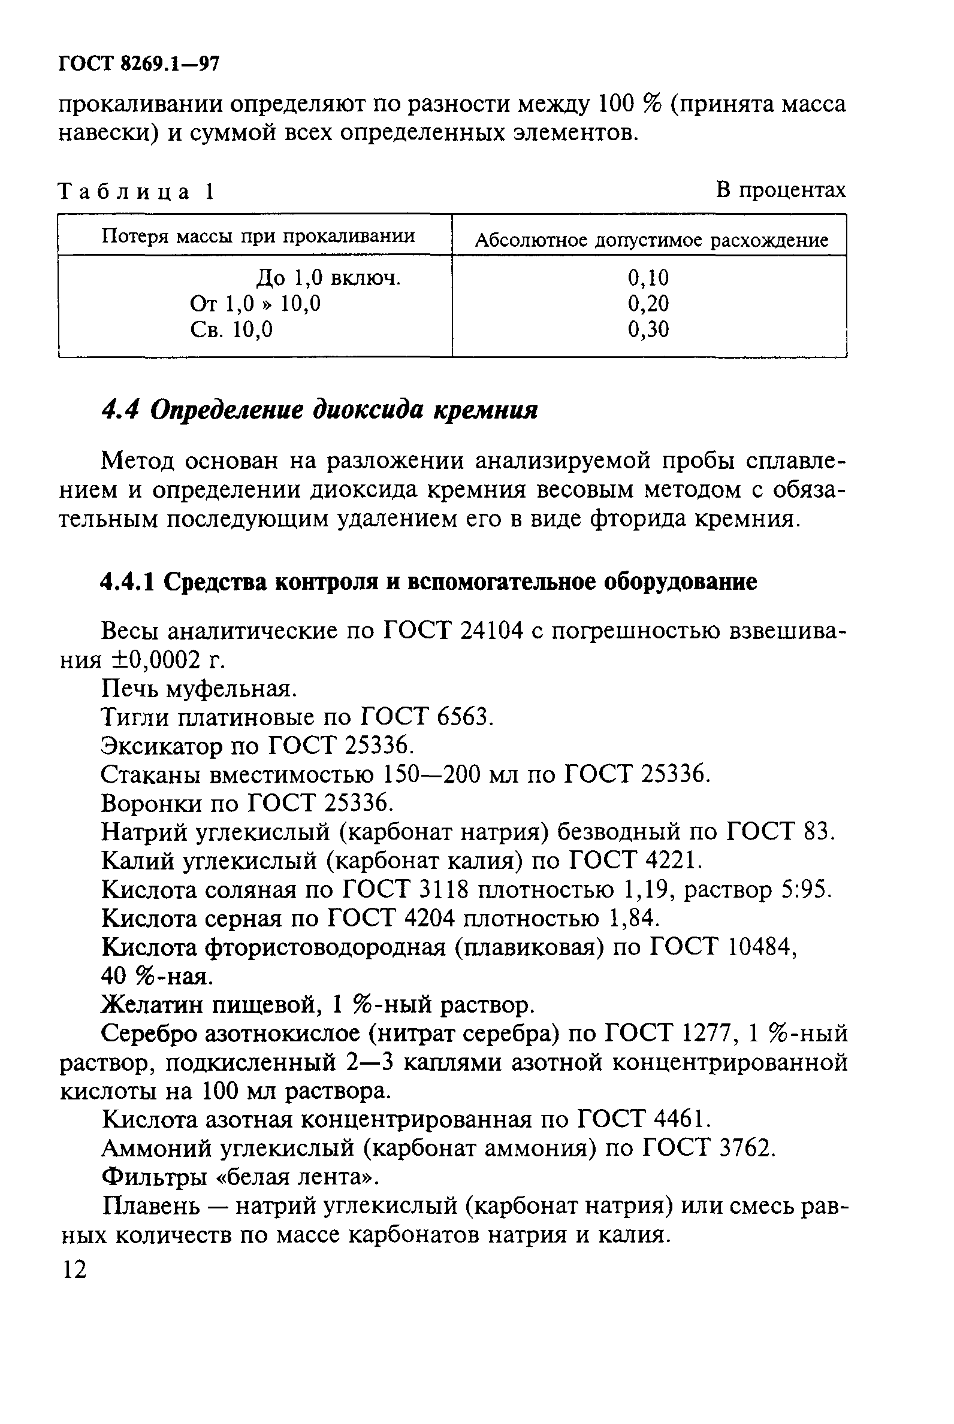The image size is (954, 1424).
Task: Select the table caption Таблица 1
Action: click(x=135, y=192)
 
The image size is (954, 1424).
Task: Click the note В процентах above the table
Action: click(x=780, y=190)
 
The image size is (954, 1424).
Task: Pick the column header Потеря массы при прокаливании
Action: click(x=258, y=236)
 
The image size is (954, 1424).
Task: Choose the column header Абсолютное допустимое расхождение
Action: click(x=651, y=240)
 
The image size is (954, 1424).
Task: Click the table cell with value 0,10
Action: click(x=648, y=278)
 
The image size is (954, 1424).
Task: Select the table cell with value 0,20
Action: click(x=648, y=304)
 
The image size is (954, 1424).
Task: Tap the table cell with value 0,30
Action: click(x=648, y=329)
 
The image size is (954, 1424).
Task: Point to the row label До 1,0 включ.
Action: click(x=328, y=278)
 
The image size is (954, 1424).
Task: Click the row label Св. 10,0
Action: click(x=231, y=329)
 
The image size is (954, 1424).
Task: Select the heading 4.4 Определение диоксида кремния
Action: click(x=319, y=411)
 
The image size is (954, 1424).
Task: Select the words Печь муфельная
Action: click(x=199, y=689)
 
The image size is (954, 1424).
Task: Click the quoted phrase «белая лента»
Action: click(x=297, y=1178)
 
